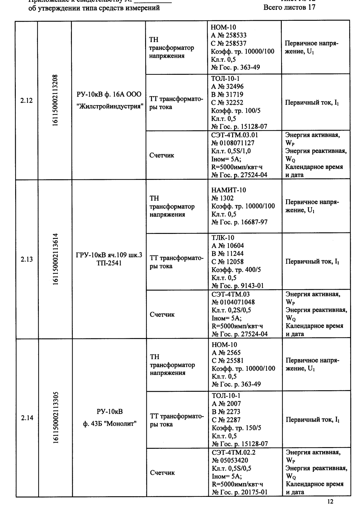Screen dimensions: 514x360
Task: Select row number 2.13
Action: click(x=27, y=259)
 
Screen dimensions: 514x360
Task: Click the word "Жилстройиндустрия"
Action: click(x=109, y=107)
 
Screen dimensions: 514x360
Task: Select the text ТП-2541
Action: click(x=109, y=263)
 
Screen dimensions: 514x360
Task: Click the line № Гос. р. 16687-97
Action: click(x=239, y=222)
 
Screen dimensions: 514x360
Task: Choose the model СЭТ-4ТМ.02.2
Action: click(x=233, y=452)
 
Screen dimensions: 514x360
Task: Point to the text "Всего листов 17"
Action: click(x=289, y=8)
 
